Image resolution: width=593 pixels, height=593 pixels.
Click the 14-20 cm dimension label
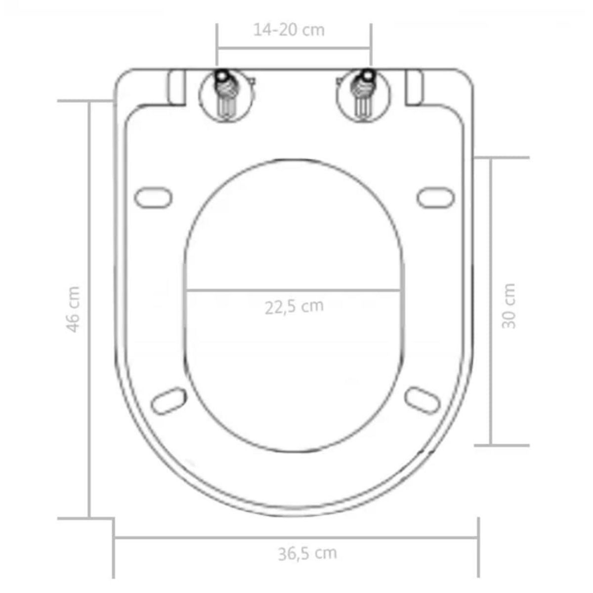[x=289, y=30]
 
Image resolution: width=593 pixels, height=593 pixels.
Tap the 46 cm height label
[x=73, y=309]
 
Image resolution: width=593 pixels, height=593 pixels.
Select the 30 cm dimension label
[x=508, y=306]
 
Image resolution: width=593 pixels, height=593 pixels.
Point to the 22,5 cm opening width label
[x=294, y=307]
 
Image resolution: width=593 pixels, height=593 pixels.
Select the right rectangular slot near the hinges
[x=414, y=87]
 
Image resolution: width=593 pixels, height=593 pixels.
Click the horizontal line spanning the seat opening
[x=294, y=290]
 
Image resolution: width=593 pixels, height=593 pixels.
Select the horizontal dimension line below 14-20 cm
[x=294, y=48]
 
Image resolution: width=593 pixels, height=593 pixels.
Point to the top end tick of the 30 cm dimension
[x=502, y=158]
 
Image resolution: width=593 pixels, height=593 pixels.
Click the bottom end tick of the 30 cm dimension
[x=502, y=445]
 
